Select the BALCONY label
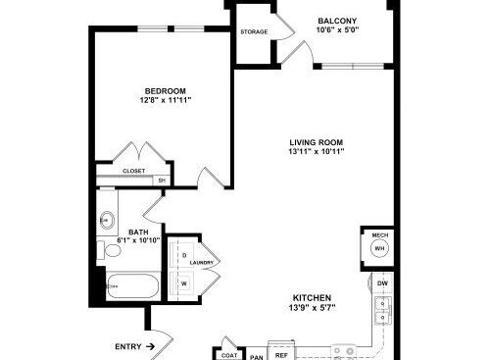pos(336,20)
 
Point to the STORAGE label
pos(254,32)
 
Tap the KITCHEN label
pos(311,297)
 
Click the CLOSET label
pos(134,171)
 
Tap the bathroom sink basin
pos(107,221)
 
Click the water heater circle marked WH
pos(379,249)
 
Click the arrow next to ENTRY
pos(150,346)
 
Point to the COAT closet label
pos(228,354)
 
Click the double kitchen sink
pos(380,312)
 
